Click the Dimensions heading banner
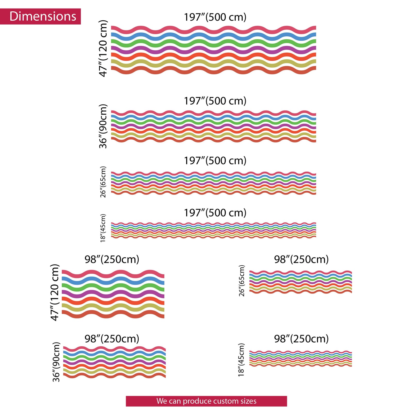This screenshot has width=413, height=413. pos(40,16)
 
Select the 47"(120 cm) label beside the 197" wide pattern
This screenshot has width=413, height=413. pos(103,48)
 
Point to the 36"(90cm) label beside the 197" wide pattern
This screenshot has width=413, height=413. pos(103,126)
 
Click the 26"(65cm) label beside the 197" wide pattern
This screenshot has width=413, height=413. pos(103,182)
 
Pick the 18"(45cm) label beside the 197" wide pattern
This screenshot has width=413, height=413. pos(103,228)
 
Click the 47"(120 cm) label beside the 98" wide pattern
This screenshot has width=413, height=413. pos(55,292)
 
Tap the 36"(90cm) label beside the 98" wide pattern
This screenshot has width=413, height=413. pos(56,362)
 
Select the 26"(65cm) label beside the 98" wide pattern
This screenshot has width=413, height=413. pos(242,281)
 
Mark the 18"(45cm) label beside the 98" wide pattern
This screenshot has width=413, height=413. pos(241,360)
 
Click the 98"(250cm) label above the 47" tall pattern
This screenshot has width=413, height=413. pos(112,259)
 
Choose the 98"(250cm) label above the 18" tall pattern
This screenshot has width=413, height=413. pos(301,339)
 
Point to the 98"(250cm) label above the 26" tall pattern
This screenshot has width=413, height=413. pos(301,259)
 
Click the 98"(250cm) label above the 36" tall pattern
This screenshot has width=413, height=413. pos(112,339)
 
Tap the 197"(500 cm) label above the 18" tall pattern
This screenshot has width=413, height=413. pos(215,213)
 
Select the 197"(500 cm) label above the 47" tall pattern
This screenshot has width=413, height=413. pos(215,17)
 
